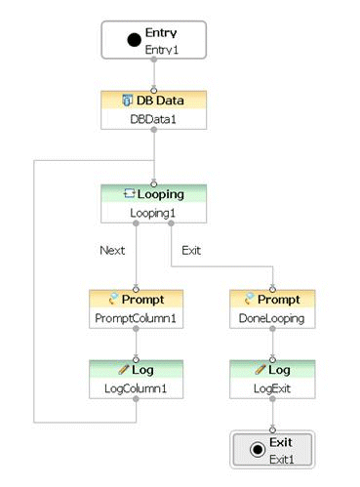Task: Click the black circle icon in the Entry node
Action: pos(133,40)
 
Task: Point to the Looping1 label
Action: pos(153,211)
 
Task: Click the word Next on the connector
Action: pos(112,250)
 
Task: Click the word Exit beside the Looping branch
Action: pos(192,250)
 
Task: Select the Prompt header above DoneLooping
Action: pos(278,300)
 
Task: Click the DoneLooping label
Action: pos(273,317)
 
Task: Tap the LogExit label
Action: pos(273,387)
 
